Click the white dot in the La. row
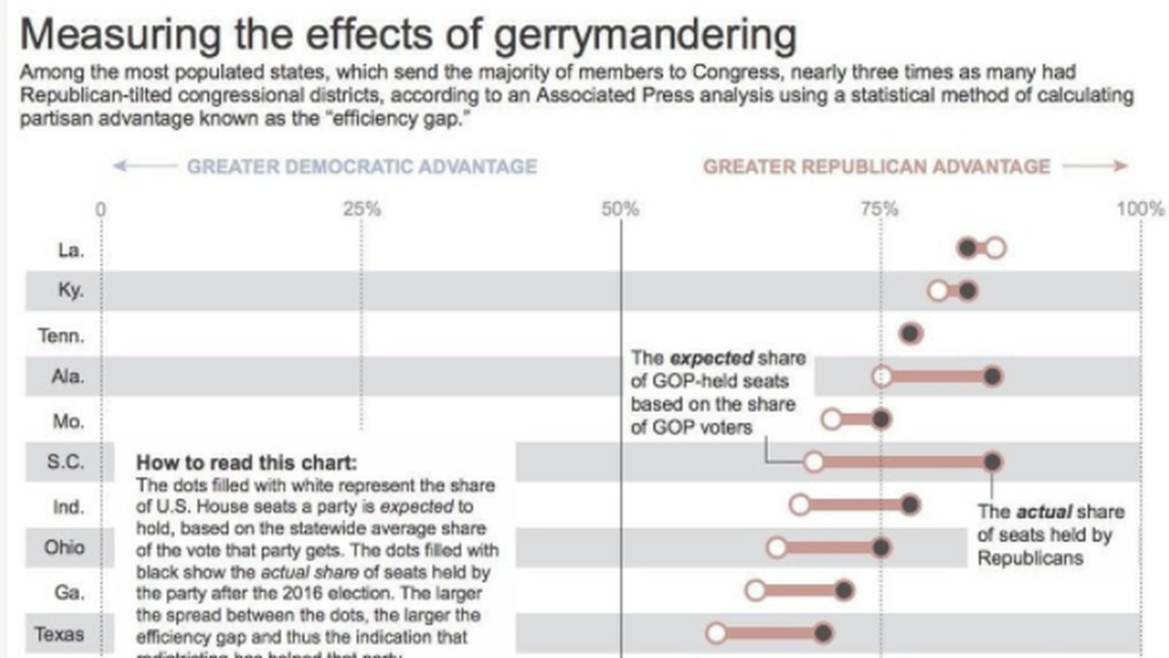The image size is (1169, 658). point(995,249)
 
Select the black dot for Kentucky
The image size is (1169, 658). point(967,291)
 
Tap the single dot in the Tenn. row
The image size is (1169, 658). point(910,334)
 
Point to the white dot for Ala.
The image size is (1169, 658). point(882,377)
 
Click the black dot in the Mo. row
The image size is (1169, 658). point(881,419)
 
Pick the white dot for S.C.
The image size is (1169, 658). point(813,462)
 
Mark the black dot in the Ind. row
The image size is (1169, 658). point(910,505)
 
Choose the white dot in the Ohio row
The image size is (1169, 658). point(776,548)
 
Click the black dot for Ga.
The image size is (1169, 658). point(844,590)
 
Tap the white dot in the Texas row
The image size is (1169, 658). point(717,634)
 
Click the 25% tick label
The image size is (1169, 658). point(362,210)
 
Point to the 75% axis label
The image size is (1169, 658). point(880,210)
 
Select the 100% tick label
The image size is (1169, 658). point(1140,210)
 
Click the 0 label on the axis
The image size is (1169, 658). point(100,210)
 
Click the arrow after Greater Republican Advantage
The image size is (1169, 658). point(1095,166)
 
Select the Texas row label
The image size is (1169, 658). point(59,634)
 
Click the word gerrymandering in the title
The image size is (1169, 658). point(645,35)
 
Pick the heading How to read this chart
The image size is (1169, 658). point(247,462)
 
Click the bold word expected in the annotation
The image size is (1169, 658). point(712,358)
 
